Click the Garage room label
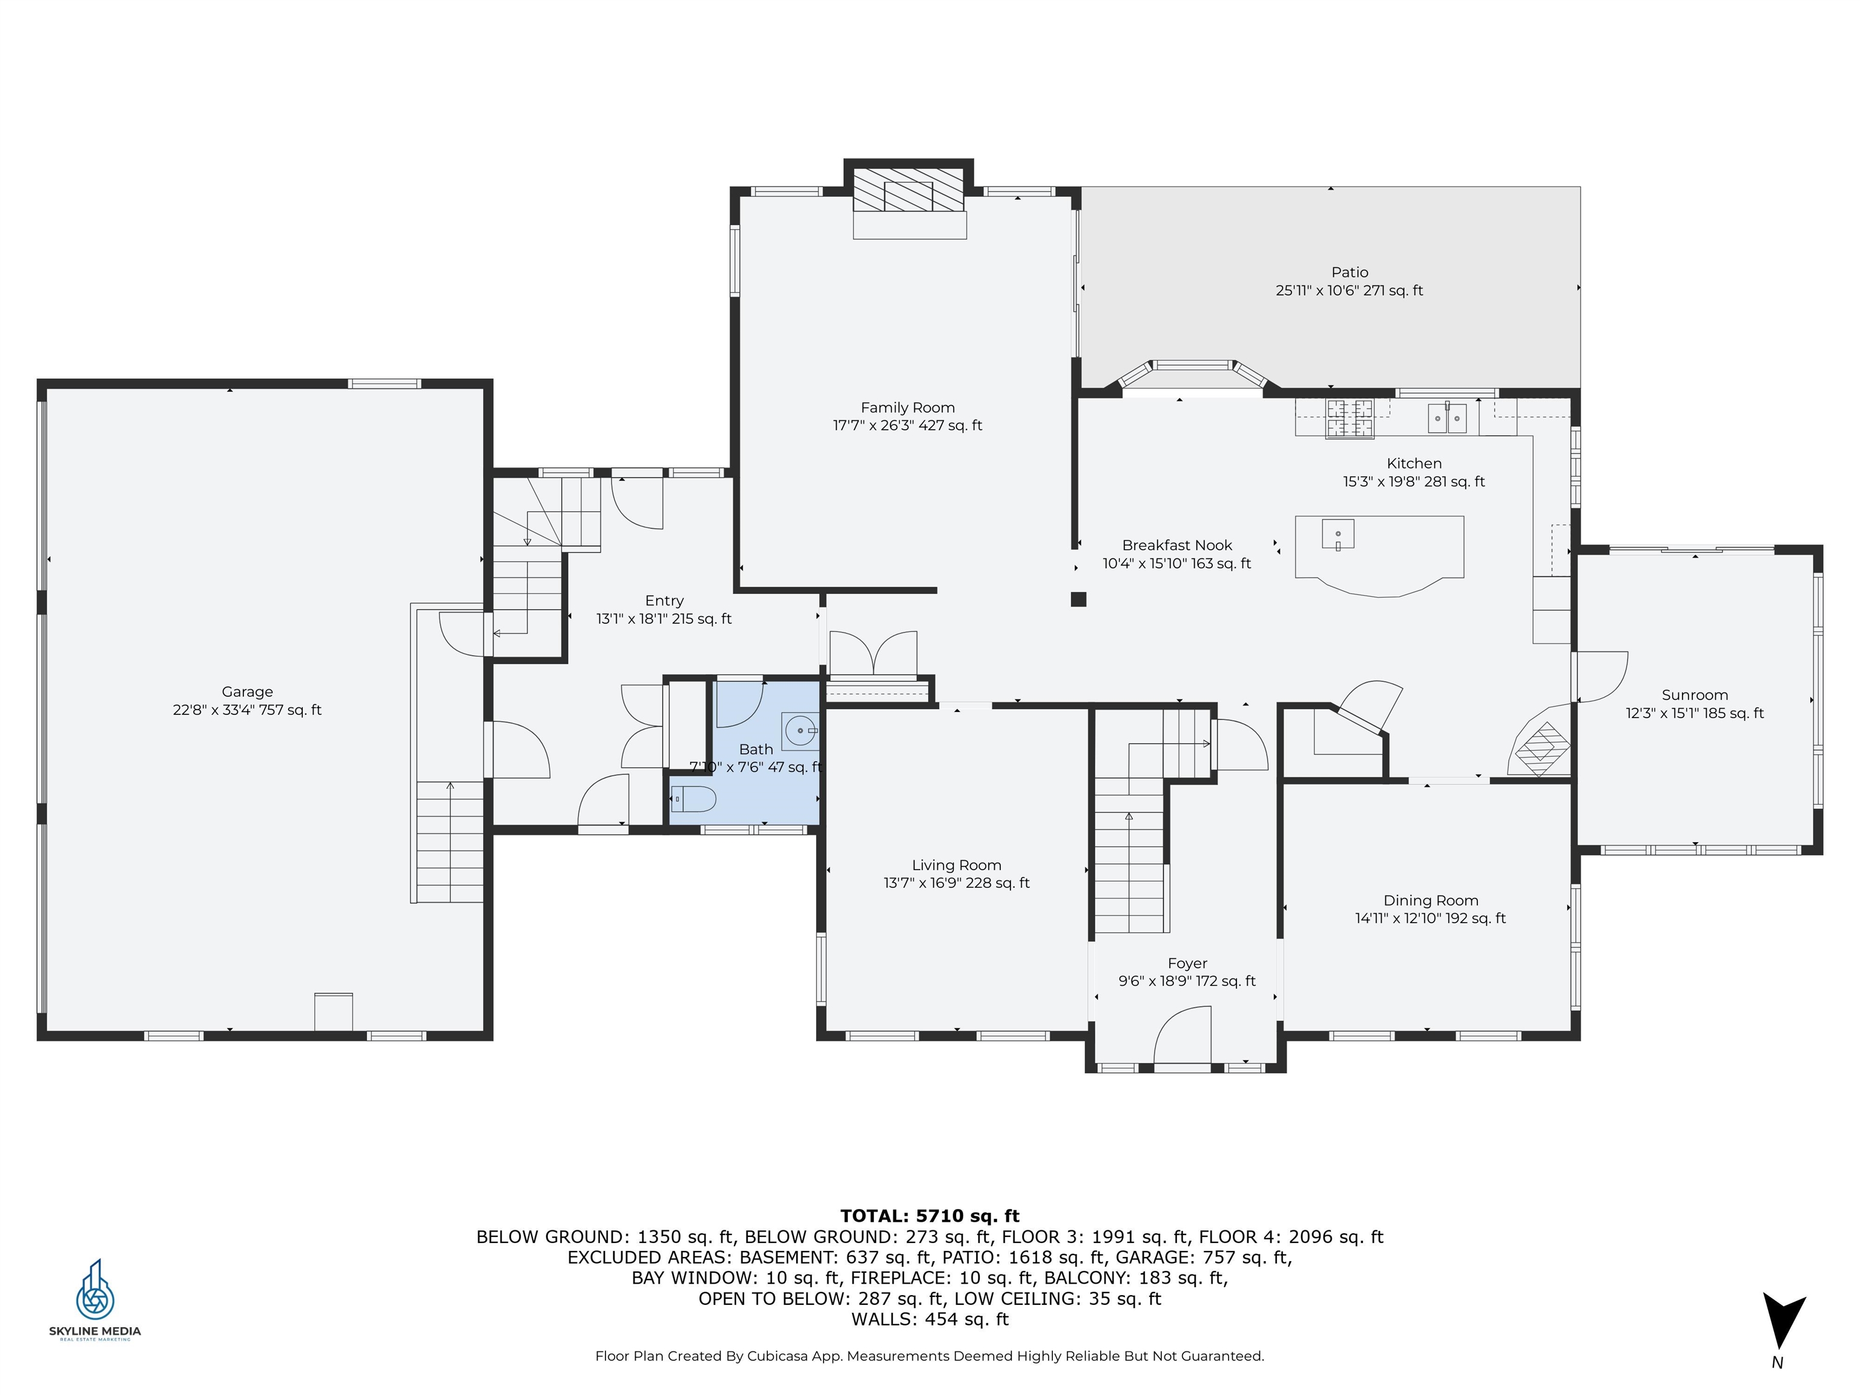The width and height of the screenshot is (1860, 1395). [247, 692]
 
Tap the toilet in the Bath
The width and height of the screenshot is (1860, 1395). [693, 799]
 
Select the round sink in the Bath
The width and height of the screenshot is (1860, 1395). [800, 731]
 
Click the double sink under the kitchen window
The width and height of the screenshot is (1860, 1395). [1447, 418]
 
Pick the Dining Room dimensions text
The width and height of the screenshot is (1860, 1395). [1430, 918]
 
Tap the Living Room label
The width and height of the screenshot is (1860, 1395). [956, 865]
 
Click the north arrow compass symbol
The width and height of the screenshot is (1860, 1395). [1782, 1319]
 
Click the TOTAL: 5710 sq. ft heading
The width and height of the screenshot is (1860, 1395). [929, 1216]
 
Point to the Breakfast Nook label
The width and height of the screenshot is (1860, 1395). [1176, 546]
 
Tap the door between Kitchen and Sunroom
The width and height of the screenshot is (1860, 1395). [1600, 677]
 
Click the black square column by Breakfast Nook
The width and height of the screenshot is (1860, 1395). [1078, 599]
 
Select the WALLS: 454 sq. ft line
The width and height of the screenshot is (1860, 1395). [929, 1319]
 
